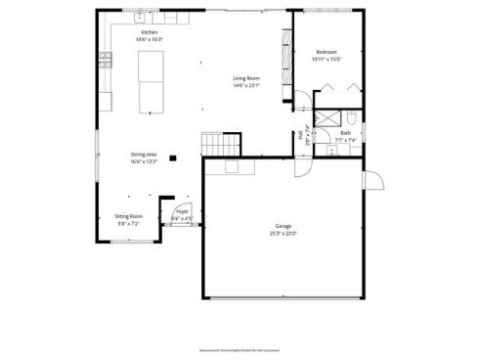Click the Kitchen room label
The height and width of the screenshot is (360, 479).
click(x=150, y=32)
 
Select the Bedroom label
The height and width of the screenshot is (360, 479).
click(x=327, y=52)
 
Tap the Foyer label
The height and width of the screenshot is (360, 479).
click(x=182, y=211)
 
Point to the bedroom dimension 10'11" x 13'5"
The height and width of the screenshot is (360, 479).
click(x=327, y=59)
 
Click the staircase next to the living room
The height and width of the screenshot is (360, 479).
click(x=219, y=144)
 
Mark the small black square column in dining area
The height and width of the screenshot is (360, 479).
click(x=173, y=157)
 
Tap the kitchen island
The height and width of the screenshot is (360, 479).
click(x=151, y=82)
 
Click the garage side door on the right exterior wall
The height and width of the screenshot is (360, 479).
click(x=371, y=180)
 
